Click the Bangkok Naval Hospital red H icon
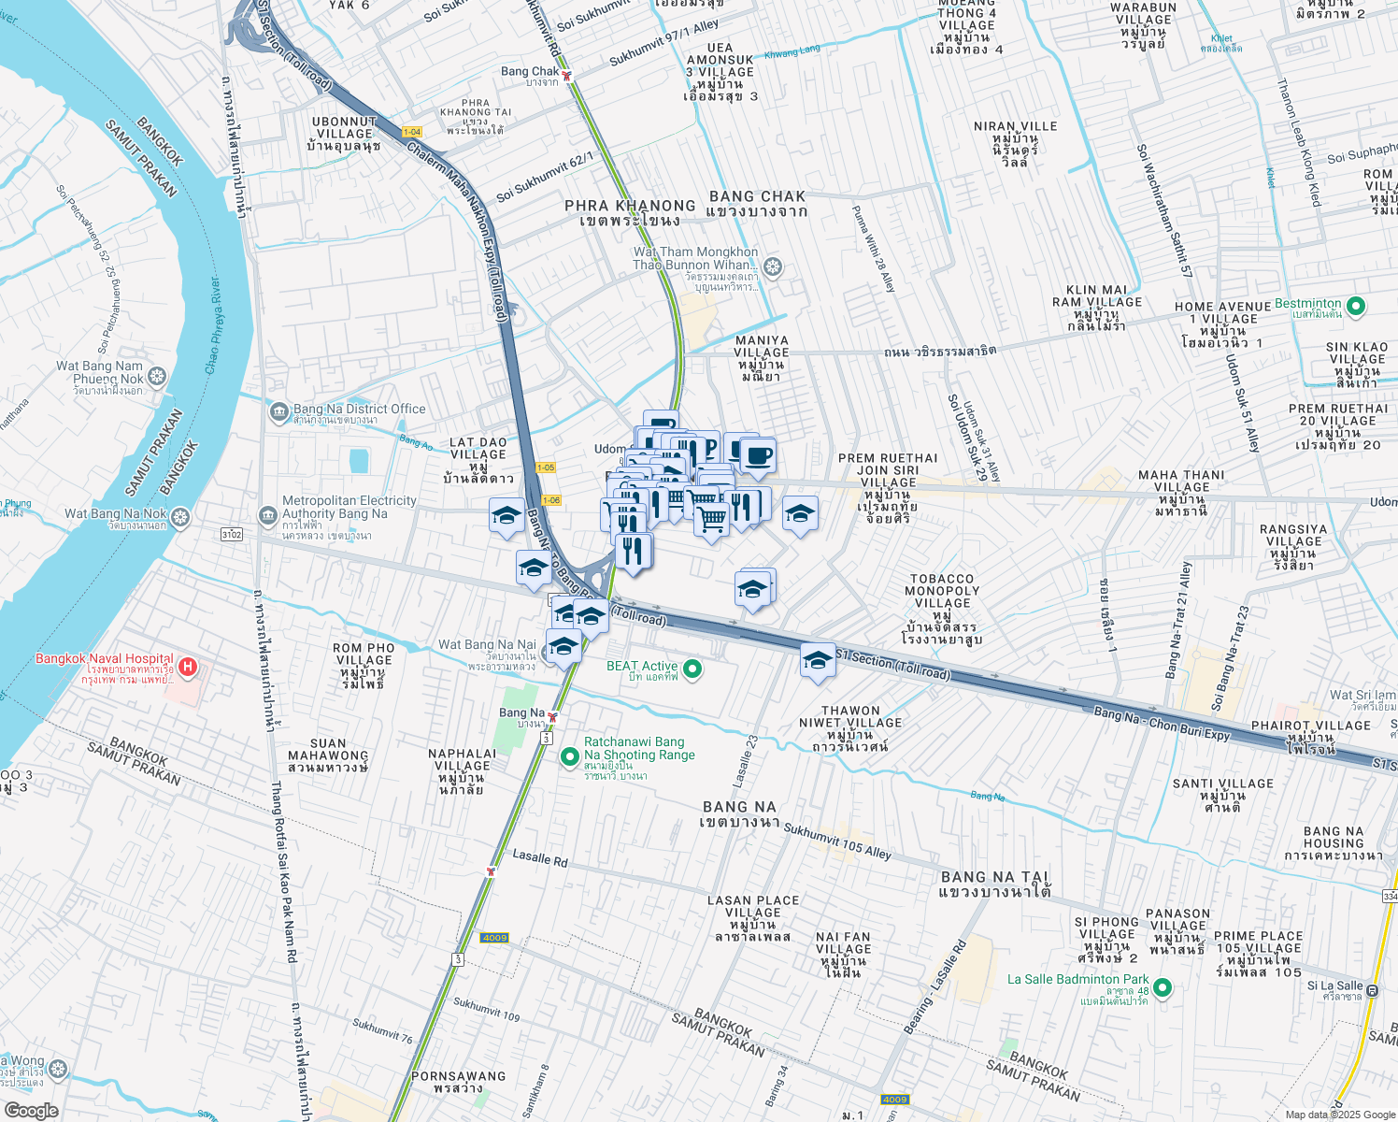[x=187, y=667]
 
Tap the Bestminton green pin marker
[x=1357, y=306]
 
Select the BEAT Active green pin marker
[x=692, y=669]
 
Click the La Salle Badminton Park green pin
[x=1163, y=987]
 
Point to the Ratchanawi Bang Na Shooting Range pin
[x=569, y=756]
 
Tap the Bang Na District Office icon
[x=278, y=411]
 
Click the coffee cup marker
[x=758, y=456]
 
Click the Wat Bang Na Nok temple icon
[x=180, y=516]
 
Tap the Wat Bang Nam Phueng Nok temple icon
[x=157, y=377]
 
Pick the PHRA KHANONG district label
[x=630, y=206]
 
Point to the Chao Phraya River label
[x=213, y=325]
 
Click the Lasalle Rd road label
[x=539, y=857]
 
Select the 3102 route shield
[x=232, y=535]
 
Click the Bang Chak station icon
[x=566, y=76]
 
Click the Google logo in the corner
[x=31, y=1111]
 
